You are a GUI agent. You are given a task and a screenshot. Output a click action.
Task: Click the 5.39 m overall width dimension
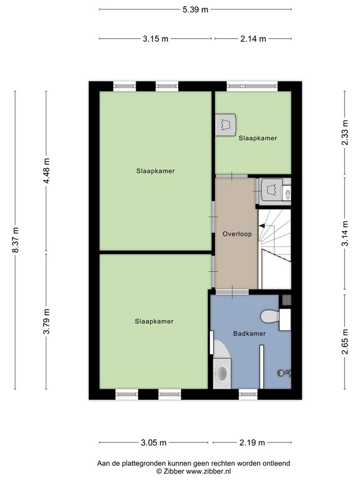pos(195,10)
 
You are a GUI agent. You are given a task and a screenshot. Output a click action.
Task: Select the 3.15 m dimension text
pos(156,39)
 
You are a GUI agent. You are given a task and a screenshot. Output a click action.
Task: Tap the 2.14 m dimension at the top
pos(253,39)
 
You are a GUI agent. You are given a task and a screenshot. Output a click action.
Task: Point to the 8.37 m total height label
pos(16,239)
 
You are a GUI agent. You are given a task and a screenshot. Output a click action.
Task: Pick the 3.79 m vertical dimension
pos(46,322)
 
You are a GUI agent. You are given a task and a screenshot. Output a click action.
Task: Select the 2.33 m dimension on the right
pos(344,132)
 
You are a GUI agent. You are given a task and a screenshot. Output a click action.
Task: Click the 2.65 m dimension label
pos(344,341)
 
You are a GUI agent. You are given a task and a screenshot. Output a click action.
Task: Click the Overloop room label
pos(236,234)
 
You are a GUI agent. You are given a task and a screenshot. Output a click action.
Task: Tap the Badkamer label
pos(249,334)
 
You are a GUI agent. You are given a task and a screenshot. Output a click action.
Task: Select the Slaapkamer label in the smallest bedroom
pos(257,138)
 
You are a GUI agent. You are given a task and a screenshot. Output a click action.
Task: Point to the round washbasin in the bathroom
pos(222,374)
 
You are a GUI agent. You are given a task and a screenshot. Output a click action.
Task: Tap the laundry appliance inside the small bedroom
pos(226,123)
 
